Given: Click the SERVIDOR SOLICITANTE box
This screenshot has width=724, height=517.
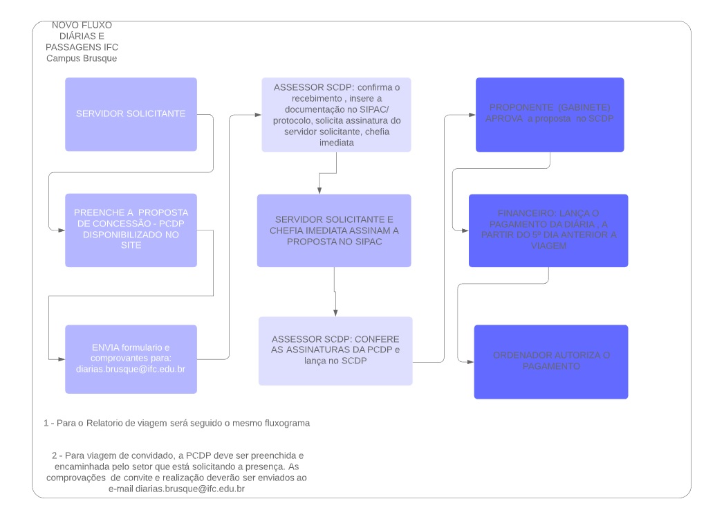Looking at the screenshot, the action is pyautogui.click(x=131, y=114).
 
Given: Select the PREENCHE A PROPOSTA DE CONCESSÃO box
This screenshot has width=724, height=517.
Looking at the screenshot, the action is pyautogui.click(x=131, y=230).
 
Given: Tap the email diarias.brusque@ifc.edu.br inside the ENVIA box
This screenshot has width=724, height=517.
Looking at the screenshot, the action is pyautogui.click(x=131, y=369).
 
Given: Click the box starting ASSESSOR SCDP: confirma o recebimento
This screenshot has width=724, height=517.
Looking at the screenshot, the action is pyautogui.click(x=336, y=115).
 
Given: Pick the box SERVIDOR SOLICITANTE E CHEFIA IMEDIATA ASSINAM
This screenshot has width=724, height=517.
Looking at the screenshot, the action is pyautogui.click(x=334, y=230).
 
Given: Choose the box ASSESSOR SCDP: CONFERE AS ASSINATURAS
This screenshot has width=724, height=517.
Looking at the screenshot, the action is pyautogui.click(x=335, y=351).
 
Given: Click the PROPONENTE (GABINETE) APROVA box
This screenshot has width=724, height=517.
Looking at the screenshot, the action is pyautogui.click(x=550, y=115).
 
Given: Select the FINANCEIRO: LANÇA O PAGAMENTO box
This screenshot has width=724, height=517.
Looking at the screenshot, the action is pyautogui.click(x=548, y=230).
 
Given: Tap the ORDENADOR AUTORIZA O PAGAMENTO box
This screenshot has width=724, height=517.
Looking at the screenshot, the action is pyautogui.click(x=551, y=362).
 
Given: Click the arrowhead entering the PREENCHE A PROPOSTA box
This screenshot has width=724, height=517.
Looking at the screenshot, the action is pyautogui.click(x=62, y=230).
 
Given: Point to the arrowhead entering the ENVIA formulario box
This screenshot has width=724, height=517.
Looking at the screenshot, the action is pyautogui.click(x=62, y=359).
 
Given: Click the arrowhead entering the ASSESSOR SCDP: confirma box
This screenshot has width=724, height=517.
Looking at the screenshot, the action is pyautogui.click(x=258, y=115).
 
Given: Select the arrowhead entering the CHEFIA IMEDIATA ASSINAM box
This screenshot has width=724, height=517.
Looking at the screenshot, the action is pyautogui.click(x=319, y=190).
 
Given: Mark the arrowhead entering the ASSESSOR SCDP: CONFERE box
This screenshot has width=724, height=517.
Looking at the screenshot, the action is pyautogui.click(x=335, y=313).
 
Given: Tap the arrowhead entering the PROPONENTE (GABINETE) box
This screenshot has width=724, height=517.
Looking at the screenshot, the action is pyautogui.click(x=472, y=115).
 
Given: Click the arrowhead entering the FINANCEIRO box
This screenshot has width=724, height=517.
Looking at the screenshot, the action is pyautogui.click(x=465, y=230).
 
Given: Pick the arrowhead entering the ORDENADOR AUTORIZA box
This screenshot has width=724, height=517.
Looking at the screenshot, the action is pyautogui.click(x=470, y=362).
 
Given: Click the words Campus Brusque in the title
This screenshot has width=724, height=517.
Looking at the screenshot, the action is pyautogui.click(x=82, y=58).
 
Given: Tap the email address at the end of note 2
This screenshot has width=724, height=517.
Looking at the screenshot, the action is pyautogui.click(x=189, y=489).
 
